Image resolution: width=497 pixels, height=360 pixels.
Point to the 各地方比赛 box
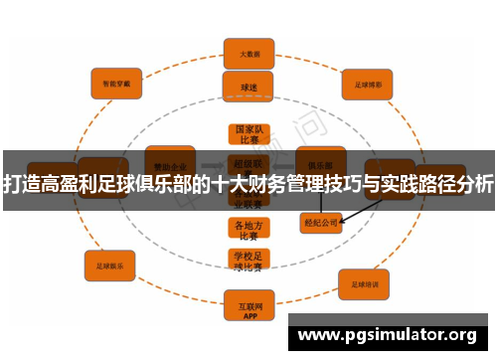248,230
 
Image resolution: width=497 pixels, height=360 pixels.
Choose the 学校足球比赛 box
248,262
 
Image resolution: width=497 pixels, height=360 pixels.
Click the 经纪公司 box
320,224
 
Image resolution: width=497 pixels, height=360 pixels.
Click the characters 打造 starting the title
24,184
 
